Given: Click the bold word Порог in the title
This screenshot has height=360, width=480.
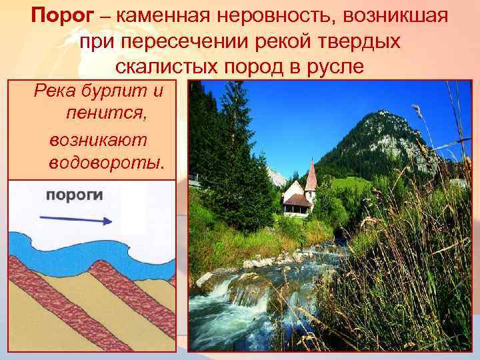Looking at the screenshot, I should point(57,15).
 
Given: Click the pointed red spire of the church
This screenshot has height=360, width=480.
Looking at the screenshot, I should point(311,175).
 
